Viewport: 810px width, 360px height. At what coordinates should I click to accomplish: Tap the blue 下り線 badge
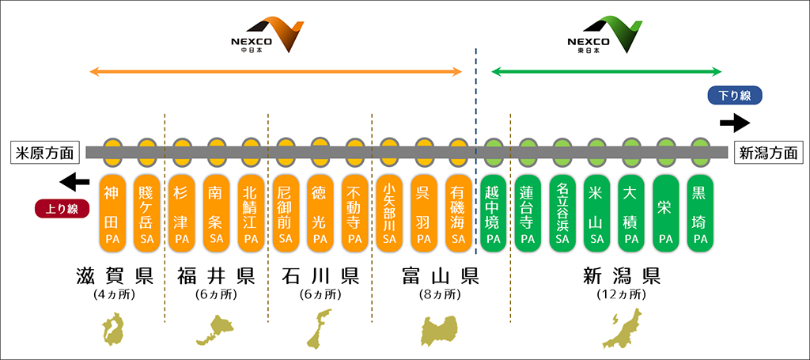(734, 96)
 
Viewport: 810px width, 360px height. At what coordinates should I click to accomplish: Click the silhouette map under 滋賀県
(113, 330)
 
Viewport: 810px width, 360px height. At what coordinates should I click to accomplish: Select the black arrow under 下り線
(735, 123)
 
